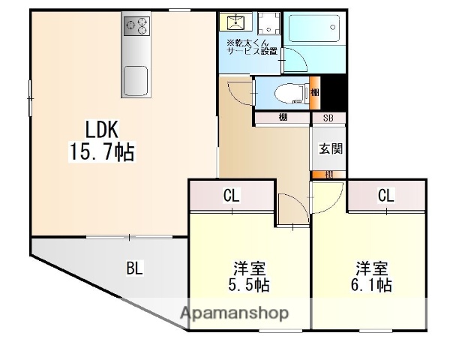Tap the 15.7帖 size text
click(101, 153)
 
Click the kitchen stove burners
click(136, 26)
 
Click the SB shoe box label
click(328, 117)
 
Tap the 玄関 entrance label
click(331, 148)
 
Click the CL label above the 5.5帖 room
click(232, 196)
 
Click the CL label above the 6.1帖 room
click(385, 196)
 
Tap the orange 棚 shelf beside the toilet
click(315, 92)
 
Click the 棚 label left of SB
click(282, 117)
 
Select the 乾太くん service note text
click(250, 46)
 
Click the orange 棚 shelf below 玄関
click(329, 174)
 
